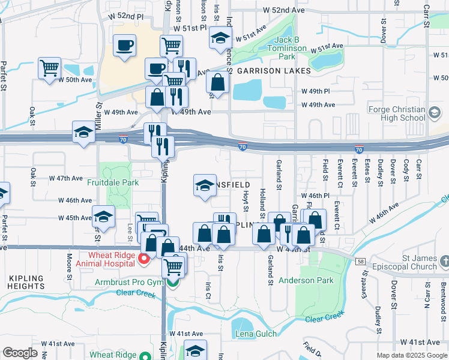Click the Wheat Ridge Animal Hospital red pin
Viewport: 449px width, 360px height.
[x=144, y=258]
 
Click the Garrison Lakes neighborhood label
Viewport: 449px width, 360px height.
[x=274, y=71]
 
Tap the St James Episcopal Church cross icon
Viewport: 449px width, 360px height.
[x=444, y=261]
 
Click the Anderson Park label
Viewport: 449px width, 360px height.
[x=312, y=280]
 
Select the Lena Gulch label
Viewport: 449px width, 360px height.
[x=256, y=334]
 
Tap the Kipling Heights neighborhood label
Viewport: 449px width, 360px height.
[x=26, y=283]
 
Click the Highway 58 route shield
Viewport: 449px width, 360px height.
[x=360, y=261]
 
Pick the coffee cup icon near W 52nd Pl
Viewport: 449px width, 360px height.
[x=125, y=46]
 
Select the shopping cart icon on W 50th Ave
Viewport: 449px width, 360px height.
[x=49, y=67]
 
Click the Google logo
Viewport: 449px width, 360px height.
[x=20, y=353]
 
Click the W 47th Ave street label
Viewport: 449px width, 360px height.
[x=66, y=178]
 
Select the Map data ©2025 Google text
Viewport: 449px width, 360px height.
[x=411, y=355]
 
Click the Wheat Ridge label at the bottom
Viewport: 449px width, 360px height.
[x=113, y=355]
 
